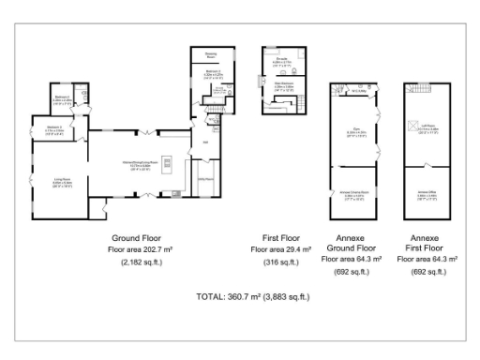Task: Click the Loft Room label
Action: (427, 130)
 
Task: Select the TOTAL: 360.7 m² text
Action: (252, 296)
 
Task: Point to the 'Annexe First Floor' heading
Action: (427, 245)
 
